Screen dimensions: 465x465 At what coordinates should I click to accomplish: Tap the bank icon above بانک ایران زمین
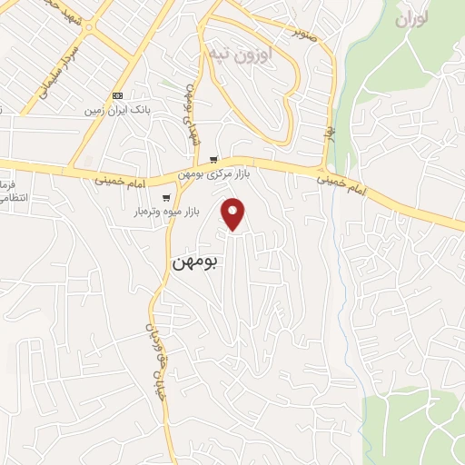pyautogui.click(x=117, y=94)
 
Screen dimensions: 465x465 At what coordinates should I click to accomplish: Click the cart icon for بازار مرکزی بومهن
pyautogui.click(x=213, y=160)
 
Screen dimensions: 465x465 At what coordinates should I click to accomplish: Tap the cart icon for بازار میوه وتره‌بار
pyautogui.click(x=165, y=197)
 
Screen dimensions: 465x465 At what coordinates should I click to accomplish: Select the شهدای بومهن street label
pyautogui.click(x=192, y=119)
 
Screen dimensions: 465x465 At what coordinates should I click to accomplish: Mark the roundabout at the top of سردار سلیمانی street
pyautogui.click(x=88, y=26)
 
